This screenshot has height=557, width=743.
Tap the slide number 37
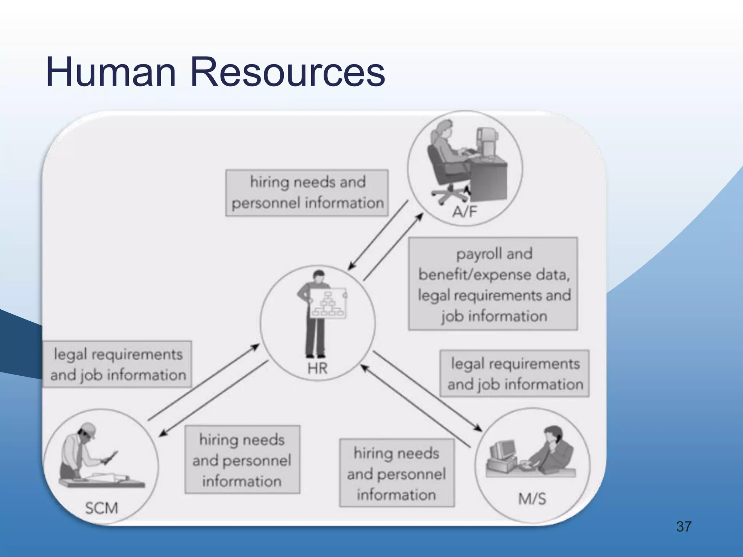pos(684,527)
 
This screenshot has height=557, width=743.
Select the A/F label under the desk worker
pos(465,211)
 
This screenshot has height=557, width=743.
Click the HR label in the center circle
pos(317,369)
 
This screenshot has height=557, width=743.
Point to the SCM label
pos(101,508)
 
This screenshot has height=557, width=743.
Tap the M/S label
pos(532,499)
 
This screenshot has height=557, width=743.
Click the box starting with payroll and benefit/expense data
pos(493,284)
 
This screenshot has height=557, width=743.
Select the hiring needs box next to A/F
pos(307,193)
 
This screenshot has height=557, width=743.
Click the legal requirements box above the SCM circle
pos(118,364)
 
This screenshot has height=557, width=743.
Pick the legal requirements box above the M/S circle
pos(514,374)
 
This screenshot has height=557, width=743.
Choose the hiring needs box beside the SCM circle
pos(242,460)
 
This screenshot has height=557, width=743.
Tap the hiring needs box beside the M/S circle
pos(397,473)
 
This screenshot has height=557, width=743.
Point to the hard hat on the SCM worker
pos(89,429)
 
